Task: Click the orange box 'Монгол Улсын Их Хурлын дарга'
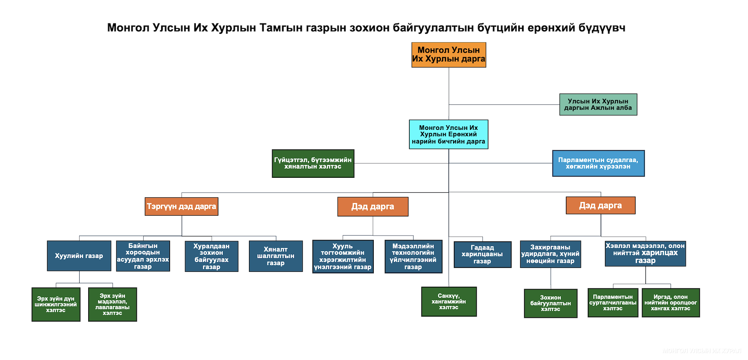tap(449, 55)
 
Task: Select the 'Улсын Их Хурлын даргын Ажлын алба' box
tap(598, 105)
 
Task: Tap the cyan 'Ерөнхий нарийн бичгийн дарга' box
tap(448, 134)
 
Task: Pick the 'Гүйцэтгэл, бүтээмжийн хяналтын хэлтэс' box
tap(313, 163)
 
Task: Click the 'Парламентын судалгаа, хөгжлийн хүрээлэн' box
tap(598, 163)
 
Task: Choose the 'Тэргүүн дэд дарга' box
tap(181, 206)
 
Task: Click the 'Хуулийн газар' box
tap(79, 256)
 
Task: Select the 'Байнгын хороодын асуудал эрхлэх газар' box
tap(143, 256)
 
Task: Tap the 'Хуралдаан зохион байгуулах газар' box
tap(211, 256)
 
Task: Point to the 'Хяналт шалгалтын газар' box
tap(276, 256)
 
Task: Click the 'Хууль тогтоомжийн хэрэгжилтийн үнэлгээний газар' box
tap(343, 257)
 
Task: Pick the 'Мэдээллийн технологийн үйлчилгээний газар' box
tap(413, 257)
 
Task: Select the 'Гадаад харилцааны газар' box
tap(482, 254)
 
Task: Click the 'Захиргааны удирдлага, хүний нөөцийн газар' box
tap(550, 254)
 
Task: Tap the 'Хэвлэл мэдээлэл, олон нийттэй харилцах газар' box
tap(645, 254)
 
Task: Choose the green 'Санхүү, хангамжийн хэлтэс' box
tap(449, 301)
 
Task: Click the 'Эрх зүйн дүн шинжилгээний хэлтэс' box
tap(56, 305)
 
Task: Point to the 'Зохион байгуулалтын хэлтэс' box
tap(550, 303)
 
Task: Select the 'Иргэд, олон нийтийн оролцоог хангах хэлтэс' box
tap(670, 303)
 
